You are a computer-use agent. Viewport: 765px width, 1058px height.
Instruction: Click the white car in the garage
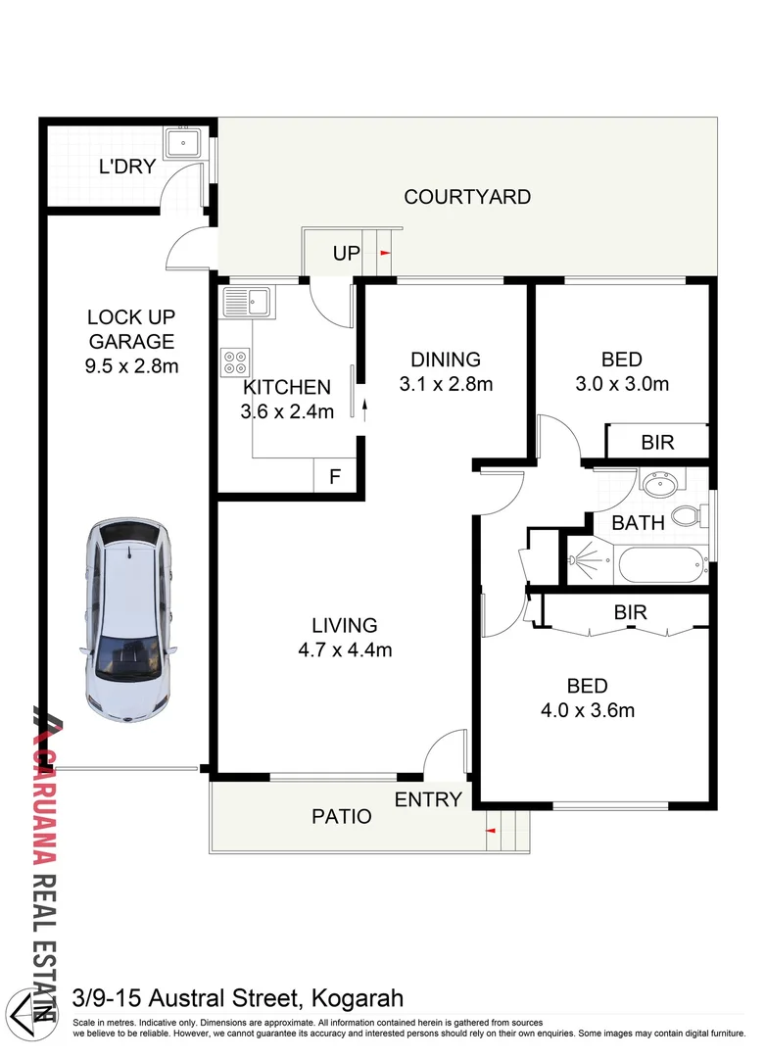pyautogui.click(x=128, y=620)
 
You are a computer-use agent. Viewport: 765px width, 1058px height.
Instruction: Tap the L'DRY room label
pyautogui.click(x=127, y=167)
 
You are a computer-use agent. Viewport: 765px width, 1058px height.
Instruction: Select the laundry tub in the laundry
pyautogui.click(x=183, y=143)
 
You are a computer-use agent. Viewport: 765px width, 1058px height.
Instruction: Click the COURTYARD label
pyautogui.click(x=467, y=197)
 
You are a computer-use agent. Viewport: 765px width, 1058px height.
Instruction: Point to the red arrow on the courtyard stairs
pyautogui.click(x=385, y=253)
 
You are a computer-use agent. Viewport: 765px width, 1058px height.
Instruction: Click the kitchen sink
pyautogui.click(x=247, y=302)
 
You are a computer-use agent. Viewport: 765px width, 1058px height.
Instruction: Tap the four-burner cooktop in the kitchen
pyautogui.click(x=235, y=361)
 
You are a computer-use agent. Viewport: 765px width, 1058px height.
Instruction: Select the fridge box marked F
pyautogui.click(x=335, y=476)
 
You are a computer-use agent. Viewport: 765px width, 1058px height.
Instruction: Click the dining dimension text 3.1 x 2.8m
pyautogui.click(x=446, y=384)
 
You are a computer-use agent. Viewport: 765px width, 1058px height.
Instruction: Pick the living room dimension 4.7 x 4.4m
pyautogui.click(x=345, y=649)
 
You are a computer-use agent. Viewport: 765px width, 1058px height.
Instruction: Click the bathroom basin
pyautogui.click(x=660, y=485)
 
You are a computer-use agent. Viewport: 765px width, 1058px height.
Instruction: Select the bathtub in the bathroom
pyautogui.click(x=660, y=565)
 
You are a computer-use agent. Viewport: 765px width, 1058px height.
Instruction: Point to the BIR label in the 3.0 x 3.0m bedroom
pyautogui.click(x=657, y=443)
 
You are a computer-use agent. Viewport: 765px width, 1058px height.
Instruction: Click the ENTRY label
pyautogui.click(x=428, y=799)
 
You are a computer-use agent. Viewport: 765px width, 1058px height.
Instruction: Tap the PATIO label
pyautogui.click(x=341, y=816)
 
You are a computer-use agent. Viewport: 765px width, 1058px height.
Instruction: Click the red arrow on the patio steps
pyautogui.click(x=492, y=830)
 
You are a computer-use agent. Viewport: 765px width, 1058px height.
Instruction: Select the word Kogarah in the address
pyautogui.click(x=358, y=998)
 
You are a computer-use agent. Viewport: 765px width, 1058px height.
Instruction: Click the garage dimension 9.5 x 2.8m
pyautogui.click(x=131, y=366)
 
